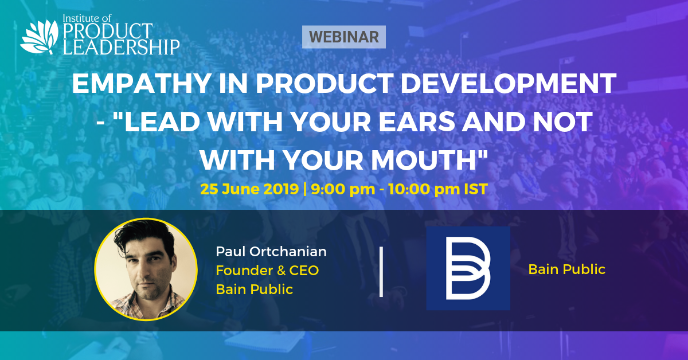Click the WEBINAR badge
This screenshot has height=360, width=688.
coord(343,37)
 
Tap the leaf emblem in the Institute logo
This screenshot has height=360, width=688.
coord(40,37)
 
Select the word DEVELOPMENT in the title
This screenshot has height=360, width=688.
coord(509,84)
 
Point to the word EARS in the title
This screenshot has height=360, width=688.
coord(416,122)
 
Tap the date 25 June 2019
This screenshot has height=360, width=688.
coord(249,189)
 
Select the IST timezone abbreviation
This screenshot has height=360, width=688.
coord(476,189)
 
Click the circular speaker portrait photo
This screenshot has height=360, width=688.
coord(146,269)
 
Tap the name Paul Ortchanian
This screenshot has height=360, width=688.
coord(271,251)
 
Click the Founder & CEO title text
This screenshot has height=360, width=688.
coord(267,271)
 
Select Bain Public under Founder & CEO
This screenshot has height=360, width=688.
coord(255,289)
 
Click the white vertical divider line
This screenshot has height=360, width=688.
coord(381,272)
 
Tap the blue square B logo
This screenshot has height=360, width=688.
coord(468,268)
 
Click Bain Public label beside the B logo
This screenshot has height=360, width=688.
coord(566,269)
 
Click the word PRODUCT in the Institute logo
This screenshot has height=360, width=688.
coord(108,31)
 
